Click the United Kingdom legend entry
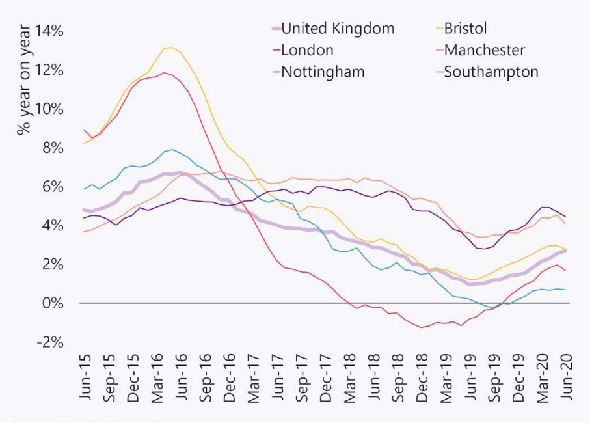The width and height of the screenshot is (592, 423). tap(338, 29)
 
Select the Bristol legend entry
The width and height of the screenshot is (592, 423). tap(464, 29)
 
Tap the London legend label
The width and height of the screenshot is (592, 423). tap(307, 50)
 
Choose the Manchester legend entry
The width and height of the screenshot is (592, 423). tap(484, 50)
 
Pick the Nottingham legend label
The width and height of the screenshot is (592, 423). tap(322, 72)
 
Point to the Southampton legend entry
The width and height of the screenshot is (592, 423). tap(491, 72)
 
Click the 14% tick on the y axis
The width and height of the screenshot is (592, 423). tap(50, 31)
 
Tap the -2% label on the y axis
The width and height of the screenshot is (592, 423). tap(52, 342)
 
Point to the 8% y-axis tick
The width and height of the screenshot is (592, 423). tap(55, 148)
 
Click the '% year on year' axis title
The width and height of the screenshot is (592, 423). tap(23, 80)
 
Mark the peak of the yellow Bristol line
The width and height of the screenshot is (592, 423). tap(169, 48)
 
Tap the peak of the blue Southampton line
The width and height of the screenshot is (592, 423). tap(172, 150)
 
